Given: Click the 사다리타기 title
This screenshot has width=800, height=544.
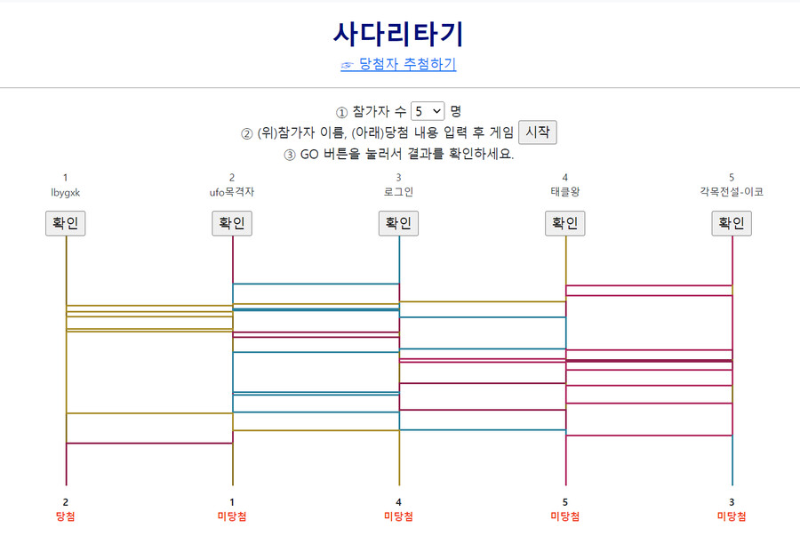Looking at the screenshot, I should click(398, 34).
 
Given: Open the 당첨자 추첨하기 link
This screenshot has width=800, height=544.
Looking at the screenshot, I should click(407, 64).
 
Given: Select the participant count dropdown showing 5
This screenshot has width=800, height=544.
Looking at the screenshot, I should click(428, 111).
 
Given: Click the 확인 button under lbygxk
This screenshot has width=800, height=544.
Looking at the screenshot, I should click(66, 223).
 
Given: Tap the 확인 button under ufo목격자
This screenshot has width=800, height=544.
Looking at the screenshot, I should click(232, 223).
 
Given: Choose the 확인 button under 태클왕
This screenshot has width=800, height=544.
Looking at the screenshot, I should click(565, 223).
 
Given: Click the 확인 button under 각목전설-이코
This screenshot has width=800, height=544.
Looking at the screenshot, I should click(732, 223).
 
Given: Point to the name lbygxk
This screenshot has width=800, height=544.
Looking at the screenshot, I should click(66, 192).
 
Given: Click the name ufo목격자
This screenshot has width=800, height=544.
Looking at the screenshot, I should click(232, 192).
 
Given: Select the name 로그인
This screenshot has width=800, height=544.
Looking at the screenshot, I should click(398, 192).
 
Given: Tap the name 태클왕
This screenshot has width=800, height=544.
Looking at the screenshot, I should click(565, 192).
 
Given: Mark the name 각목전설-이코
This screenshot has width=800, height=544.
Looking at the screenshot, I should click(732, 192).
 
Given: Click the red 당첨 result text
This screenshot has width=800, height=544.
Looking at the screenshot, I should click(66, 516).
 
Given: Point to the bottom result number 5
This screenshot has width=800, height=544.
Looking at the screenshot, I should click(565, 502).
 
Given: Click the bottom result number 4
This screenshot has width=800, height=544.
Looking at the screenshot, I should click(398, 502).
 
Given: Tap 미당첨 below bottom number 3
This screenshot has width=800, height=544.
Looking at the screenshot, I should click(732, 516).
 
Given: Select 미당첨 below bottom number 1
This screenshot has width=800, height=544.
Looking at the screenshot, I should click(232, 516).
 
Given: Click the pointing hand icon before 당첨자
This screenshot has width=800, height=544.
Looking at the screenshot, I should click(348, 65).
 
